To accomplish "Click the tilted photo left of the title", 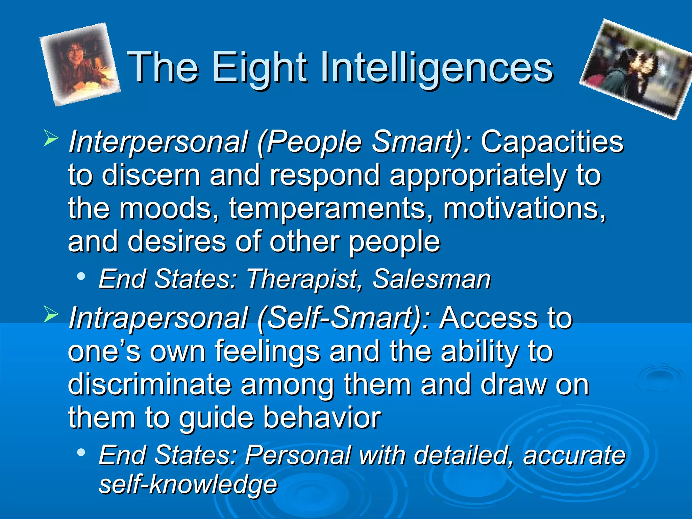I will pyautogui.click(x=80, y=64).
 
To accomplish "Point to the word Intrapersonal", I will pyautogui.click(x=159, y=318).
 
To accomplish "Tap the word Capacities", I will pyautogui.click(x=552, y=142).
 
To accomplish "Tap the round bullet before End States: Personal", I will pyautogui.click(x=81, y=452).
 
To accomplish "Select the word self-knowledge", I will pyautogui.click(x=188, y=485).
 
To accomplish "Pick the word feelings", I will pyautogui.click(x=267, y=352).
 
